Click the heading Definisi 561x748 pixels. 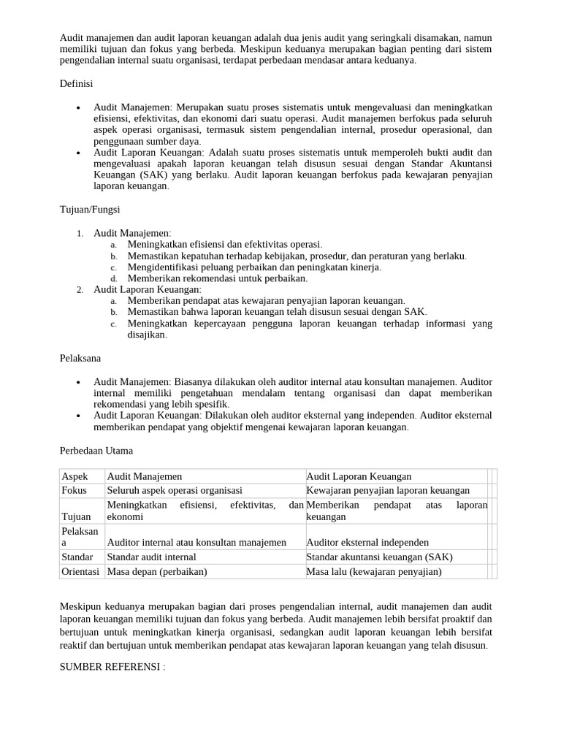click(x=76, y=84)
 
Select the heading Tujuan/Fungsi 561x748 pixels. click(x=89, y=210)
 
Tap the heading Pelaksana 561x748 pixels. click(x=80, y=359)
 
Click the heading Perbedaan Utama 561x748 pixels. click(x=96, y=451)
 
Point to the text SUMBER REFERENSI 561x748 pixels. click(x=112, y=667)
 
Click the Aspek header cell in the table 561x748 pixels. click(x=75, y=476)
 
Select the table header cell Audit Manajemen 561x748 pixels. click(x=145, y=476)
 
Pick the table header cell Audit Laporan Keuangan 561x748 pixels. click(x=359, y=476)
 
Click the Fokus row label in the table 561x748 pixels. click(x=75, y=490)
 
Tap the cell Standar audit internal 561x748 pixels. click(x=152, y=557)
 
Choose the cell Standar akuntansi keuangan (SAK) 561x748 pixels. click(x=379, y=557)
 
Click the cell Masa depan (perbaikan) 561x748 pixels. click(x=157, y=571)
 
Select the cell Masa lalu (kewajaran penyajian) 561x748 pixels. click(x=374, y=571)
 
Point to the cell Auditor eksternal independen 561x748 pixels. click(x=367, y=542)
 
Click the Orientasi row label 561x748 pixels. click(x=80, y=571)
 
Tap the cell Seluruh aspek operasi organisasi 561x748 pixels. click(x=175, y=490)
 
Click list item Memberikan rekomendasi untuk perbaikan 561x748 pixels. click(x=218, y=278)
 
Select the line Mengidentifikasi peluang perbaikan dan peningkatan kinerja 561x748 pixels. click(x=254, y=267)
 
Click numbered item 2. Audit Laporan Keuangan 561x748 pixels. click(x=147, y=289)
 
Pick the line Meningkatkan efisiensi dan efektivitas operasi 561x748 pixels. click(x=225, y=244)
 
